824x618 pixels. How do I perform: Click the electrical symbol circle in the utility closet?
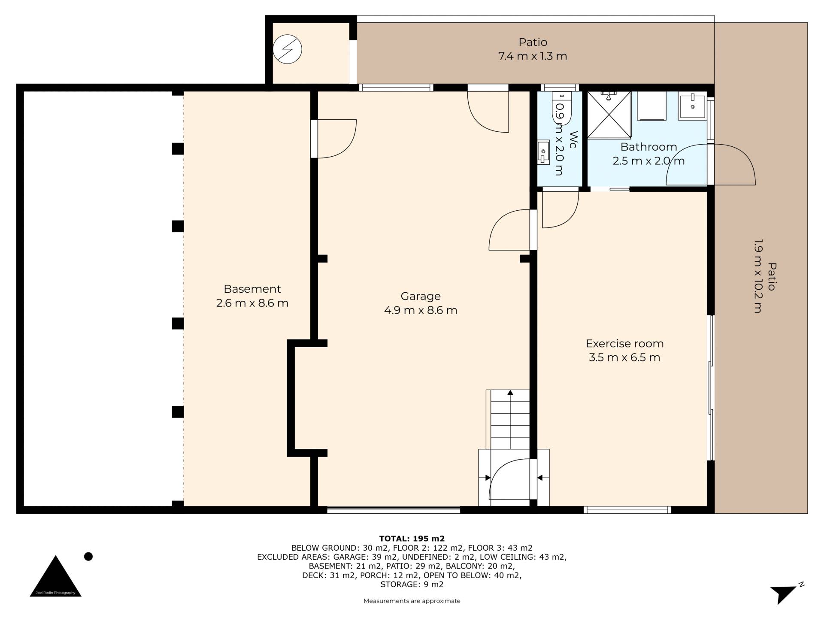tap(288, 49)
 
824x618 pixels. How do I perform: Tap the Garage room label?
tap(421, 296)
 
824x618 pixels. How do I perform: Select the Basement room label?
tap(252, 289)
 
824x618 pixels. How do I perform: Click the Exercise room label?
tap(624, 343)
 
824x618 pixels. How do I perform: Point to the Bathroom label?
tap(648, 147)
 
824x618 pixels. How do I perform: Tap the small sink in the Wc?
tap(543, 152)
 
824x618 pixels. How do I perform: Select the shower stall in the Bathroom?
tap(609, 115)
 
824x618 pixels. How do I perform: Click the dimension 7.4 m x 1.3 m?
tap(533, 56)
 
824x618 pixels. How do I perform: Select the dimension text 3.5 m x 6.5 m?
tap(624, 357)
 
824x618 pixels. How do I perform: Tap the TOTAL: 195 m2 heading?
tap(412, 539)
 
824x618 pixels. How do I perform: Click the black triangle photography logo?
tap(55, 576)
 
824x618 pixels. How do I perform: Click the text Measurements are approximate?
tap(412, 601)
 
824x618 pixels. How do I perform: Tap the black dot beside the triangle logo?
tap(88, 557)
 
